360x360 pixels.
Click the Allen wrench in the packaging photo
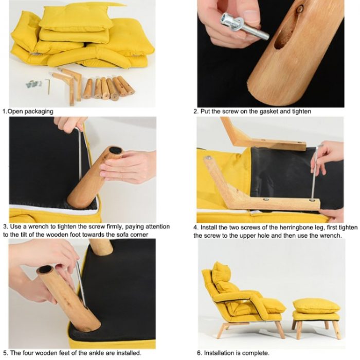48,86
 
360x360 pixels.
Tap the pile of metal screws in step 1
33,84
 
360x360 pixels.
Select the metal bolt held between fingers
244,26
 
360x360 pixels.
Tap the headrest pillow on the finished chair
221,276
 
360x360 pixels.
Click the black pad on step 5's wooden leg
45,269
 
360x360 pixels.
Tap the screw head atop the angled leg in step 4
208,158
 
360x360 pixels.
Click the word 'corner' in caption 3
139,235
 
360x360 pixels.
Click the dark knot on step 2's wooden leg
300,9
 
